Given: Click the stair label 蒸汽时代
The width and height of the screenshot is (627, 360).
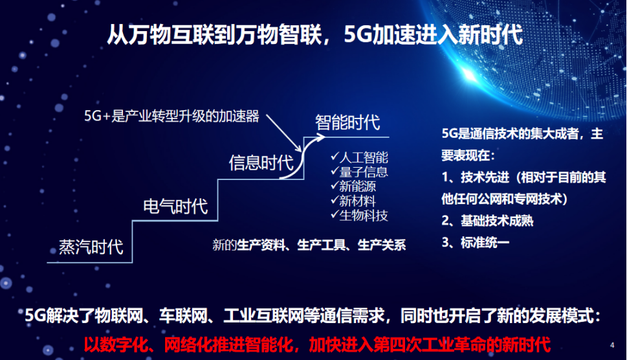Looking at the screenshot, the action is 91,247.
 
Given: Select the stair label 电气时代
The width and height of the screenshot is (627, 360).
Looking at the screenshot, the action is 175,207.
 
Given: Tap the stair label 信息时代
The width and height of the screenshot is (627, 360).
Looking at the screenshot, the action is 261,163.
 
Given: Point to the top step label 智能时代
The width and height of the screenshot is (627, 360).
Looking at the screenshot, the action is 347,122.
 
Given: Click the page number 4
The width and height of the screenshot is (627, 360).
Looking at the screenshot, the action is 612,345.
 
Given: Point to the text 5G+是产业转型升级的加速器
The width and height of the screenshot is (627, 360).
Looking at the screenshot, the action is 171,116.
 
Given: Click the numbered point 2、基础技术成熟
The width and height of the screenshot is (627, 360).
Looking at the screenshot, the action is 487,220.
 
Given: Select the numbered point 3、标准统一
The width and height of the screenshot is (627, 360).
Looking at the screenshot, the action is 476,242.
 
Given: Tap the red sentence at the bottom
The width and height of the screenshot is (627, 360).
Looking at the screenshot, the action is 317,344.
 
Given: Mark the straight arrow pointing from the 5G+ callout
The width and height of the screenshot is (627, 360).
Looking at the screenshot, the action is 284,133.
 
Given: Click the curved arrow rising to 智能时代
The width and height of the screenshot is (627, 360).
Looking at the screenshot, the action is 302,157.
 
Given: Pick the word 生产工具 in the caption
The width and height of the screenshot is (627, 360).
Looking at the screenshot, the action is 322,245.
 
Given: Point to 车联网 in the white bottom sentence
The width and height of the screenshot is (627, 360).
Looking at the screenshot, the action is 184,316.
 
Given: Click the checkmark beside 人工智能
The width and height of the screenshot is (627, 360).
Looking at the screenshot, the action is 335,157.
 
